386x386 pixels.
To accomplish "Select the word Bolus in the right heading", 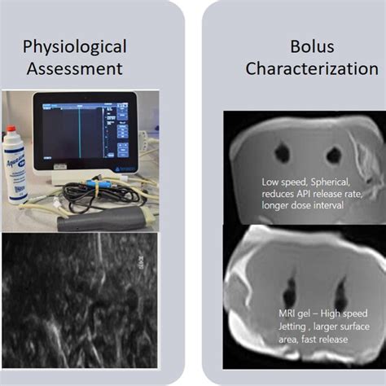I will pyautogui.click(x=300, y=46).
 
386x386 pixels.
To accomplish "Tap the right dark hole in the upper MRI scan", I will pyautogui.click(x=333, y=154).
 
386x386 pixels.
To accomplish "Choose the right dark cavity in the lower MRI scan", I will pyautogui.click(x=341, y=293).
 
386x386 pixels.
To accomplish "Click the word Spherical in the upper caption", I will pyautogui.click(x=335, y=182).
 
